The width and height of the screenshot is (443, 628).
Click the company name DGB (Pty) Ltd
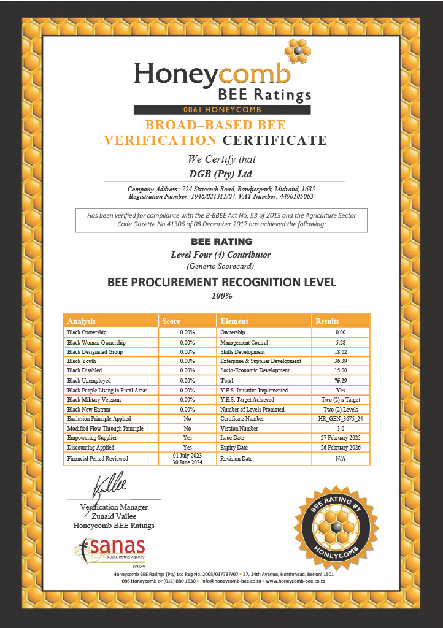[x=221, y=174]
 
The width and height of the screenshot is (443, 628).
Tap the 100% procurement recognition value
[x=221, y=296]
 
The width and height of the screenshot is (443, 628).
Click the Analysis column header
[x=82, y=321]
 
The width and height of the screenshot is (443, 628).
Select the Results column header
[x=326, y=321]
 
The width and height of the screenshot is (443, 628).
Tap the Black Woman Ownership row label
[x=96, y=342]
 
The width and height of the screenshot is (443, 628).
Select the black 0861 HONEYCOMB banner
[x=221, y=110]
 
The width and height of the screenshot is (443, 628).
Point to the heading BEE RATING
[x=221, y=242]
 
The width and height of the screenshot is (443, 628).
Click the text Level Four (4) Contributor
[x=221, y=254]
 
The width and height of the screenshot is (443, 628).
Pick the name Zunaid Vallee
[x=114, y=516]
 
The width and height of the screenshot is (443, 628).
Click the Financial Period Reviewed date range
[x=188, y=458]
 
